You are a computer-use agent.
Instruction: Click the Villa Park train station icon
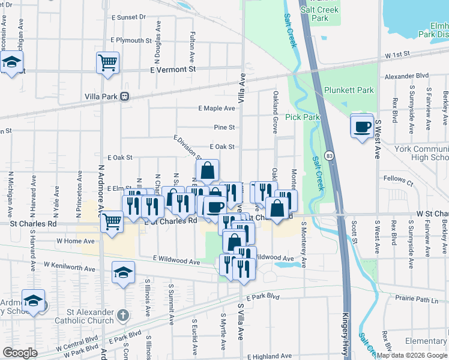[124, 95]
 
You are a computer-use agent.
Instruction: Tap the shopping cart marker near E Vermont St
[107, 62]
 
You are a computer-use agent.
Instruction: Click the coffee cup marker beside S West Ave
[362, 126]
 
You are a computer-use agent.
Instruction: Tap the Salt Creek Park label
[320, 14]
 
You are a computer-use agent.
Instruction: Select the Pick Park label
[302, 117]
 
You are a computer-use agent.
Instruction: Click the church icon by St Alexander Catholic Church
[122, 315]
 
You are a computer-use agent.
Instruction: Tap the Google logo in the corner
[20, 353]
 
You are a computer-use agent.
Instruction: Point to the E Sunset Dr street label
[128, 17]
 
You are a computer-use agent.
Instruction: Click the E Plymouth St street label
[131, 40]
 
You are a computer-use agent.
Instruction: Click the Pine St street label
[224, 127]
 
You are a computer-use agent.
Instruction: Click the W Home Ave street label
[76, 241]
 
